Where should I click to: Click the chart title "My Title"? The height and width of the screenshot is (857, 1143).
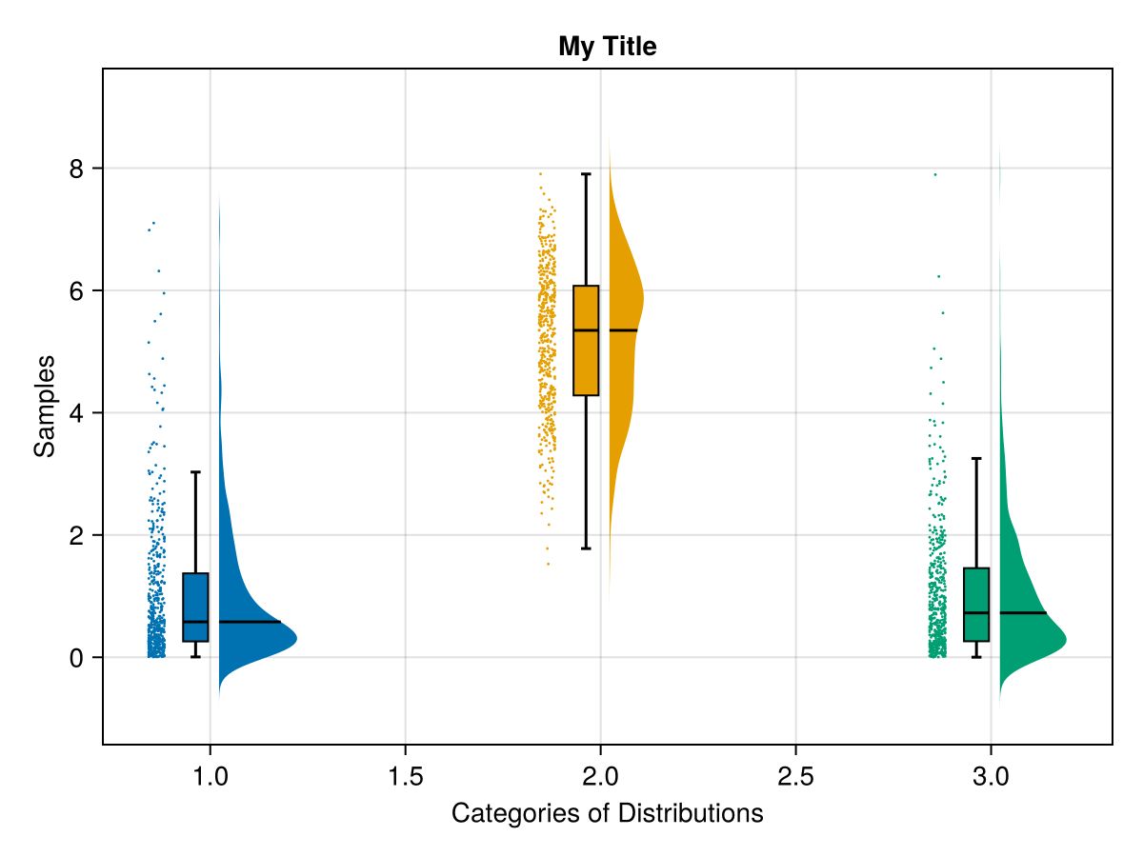tap(607, 46)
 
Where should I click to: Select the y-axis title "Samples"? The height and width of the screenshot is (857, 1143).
tap(45, 406)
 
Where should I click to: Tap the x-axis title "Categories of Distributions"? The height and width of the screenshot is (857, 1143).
tap(607, 814)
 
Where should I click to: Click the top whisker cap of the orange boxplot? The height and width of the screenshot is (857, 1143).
tap(586, 174)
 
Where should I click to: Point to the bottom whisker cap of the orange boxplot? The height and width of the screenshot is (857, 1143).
tap(586, 548)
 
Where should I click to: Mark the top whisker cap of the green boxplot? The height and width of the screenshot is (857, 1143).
tap(976, 459)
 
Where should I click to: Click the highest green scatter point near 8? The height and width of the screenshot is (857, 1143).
tap(935, 174)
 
